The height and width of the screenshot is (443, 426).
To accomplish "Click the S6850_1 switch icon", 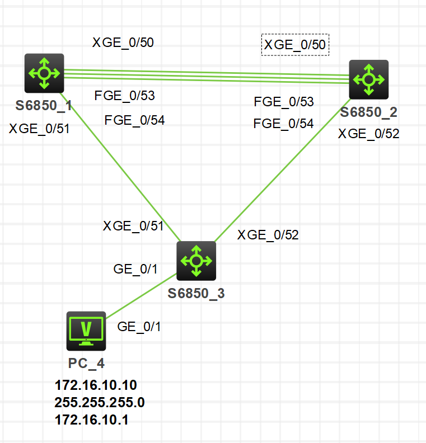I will coord(44,73).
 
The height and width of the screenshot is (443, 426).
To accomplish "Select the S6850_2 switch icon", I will coord(368,79).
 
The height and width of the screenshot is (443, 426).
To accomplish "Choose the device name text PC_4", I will coord(86,363).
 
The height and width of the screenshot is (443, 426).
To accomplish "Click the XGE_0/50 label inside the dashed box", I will coord(295,45).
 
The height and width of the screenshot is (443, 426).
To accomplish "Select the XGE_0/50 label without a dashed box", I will coord(123,43).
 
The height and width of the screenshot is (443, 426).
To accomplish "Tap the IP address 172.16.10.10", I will coord(96,385).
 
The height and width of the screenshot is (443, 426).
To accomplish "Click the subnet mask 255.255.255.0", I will coord(100,402).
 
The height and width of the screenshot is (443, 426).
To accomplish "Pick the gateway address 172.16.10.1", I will coord(91,420).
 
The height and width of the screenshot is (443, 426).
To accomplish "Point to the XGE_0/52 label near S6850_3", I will coord(268,235).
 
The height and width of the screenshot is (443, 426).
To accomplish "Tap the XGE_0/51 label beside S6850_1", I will coord(39,129).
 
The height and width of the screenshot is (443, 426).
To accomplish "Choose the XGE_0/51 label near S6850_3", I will coord(133,226).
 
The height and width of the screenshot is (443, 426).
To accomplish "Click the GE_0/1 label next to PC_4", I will coord(139,327).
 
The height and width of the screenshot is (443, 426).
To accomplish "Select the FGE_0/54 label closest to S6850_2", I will coord(283,124).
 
